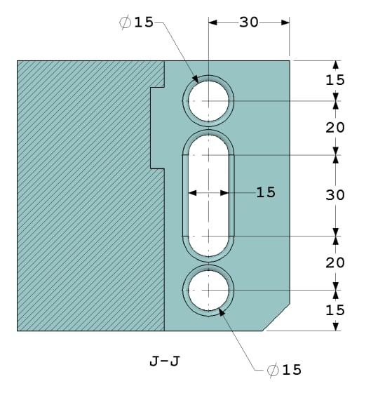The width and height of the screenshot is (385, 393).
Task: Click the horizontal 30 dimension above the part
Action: (249, 22)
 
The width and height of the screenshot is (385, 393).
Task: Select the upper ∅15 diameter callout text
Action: (136, 22)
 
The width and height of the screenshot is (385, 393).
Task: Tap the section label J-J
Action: (165, 362)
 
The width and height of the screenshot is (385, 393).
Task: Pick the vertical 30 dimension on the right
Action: (335, 194)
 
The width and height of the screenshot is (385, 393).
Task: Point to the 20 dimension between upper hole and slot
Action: (335, 128)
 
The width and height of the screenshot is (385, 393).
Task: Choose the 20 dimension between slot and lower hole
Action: (335, 262)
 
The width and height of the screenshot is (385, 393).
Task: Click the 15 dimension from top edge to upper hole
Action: (335, 80)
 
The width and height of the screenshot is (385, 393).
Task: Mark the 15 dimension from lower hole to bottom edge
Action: (335, 309)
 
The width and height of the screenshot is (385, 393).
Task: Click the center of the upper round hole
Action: (208, 101)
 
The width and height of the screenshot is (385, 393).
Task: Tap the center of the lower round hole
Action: (208, 290)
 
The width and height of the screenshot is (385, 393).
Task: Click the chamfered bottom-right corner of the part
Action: (278, 317)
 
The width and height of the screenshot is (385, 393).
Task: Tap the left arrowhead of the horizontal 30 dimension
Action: (212, 22)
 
